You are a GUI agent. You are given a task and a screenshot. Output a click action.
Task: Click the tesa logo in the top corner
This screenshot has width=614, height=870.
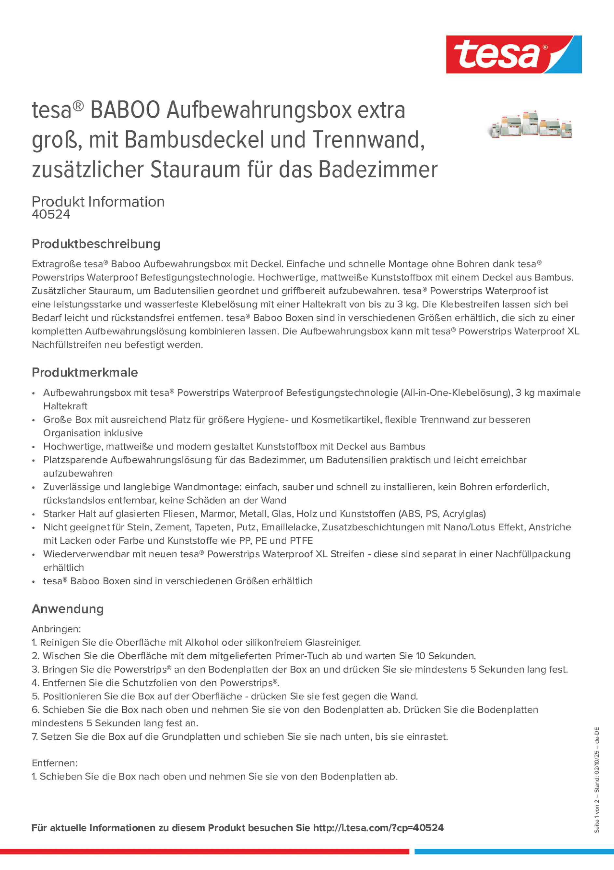(513, 54)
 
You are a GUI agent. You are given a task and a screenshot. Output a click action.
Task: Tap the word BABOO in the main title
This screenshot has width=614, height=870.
(125, 110)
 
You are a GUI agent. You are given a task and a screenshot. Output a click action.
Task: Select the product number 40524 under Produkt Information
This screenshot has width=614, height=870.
(51, 214)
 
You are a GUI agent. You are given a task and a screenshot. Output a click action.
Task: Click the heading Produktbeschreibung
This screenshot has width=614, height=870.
(96, 244)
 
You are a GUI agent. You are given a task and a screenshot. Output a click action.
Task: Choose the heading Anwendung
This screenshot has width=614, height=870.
(67, 608)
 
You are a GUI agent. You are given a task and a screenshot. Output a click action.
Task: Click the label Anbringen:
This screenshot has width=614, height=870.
(56, 629)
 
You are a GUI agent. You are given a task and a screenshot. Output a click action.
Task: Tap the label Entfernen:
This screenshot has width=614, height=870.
(54, 763)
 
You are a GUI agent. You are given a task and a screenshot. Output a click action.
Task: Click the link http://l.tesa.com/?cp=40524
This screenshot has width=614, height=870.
(378, 828)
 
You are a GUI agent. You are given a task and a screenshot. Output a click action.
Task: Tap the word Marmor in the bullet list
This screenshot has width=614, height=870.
(215, 514)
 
